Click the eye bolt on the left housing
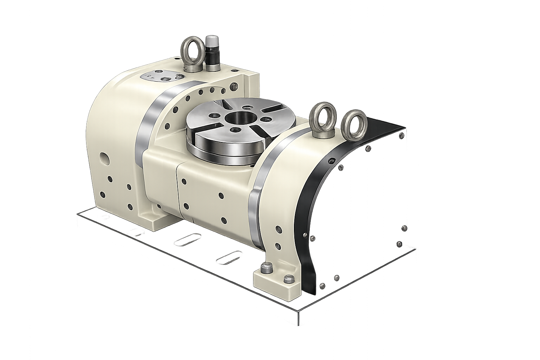pyautogui.click(x=191, y=56)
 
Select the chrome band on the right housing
pyautogui.click(x=260, y=197)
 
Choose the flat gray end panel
pyautogui.click(x=366, y=211)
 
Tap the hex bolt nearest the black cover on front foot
pyautogui.click(x=289, y=279)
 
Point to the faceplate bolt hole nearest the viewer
pyautogui.click(x=232, y=130)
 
